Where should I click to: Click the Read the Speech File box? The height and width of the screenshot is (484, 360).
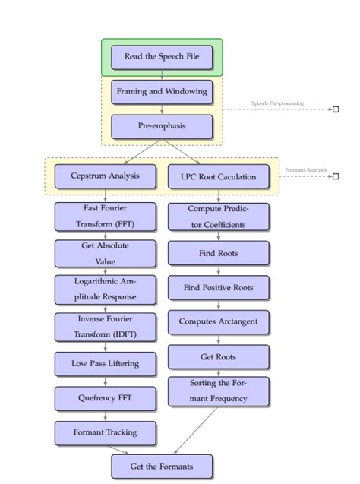tap(162, 57)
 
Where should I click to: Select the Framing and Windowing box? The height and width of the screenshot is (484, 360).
tap(162, 91)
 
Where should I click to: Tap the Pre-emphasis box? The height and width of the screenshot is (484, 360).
tap(162, 126)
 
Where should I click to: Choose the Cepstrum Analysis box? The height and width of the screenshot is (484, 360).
tap(105, 176)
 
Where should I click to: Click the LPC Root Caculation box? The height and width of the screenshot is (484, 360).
tap(218, 177)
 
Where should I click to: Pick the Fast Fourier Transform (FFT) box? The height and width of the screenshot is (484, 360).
tap(105, 216)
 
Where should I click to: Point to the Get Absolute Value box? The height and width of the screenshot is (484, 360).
tap(105, 253)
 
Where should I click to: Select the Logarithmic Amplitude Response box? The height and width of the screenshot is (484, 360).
tap(105, 289)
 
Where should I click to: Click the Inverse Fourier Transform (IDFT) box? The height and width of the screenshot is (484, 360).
tap(105, 327)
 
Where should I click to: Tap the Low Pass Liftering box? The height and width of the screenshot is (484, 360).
tap(105, 363)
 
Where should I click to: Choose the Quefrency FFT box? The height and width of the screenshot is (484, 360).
tap(105, 397)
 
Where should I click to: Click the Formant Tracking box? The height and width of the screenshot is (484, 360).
tap(105, 432)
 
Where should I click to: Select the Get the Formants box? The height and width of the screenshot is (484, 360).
tap(162, 466)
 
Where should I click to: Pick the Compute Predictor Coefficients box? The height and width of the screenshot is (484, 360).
tap(218, 217)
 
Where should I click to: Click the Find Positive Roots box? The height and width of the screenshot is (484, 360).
tap(218, 288)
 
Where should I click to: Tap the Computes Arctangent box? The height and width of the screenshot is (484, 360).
tap(218, 321)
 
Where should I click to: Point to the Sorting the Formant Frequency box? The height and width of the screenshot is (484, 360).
tap(218, 391)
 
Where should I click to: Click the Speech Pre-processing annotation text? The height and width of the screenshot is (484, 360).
tap(277, 103)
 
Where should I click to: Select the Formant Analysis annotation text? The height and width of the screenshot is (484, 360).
tap(305, 170)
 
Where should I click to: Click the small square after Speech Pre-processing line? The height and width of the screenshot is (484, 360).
tap(335, 109)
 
